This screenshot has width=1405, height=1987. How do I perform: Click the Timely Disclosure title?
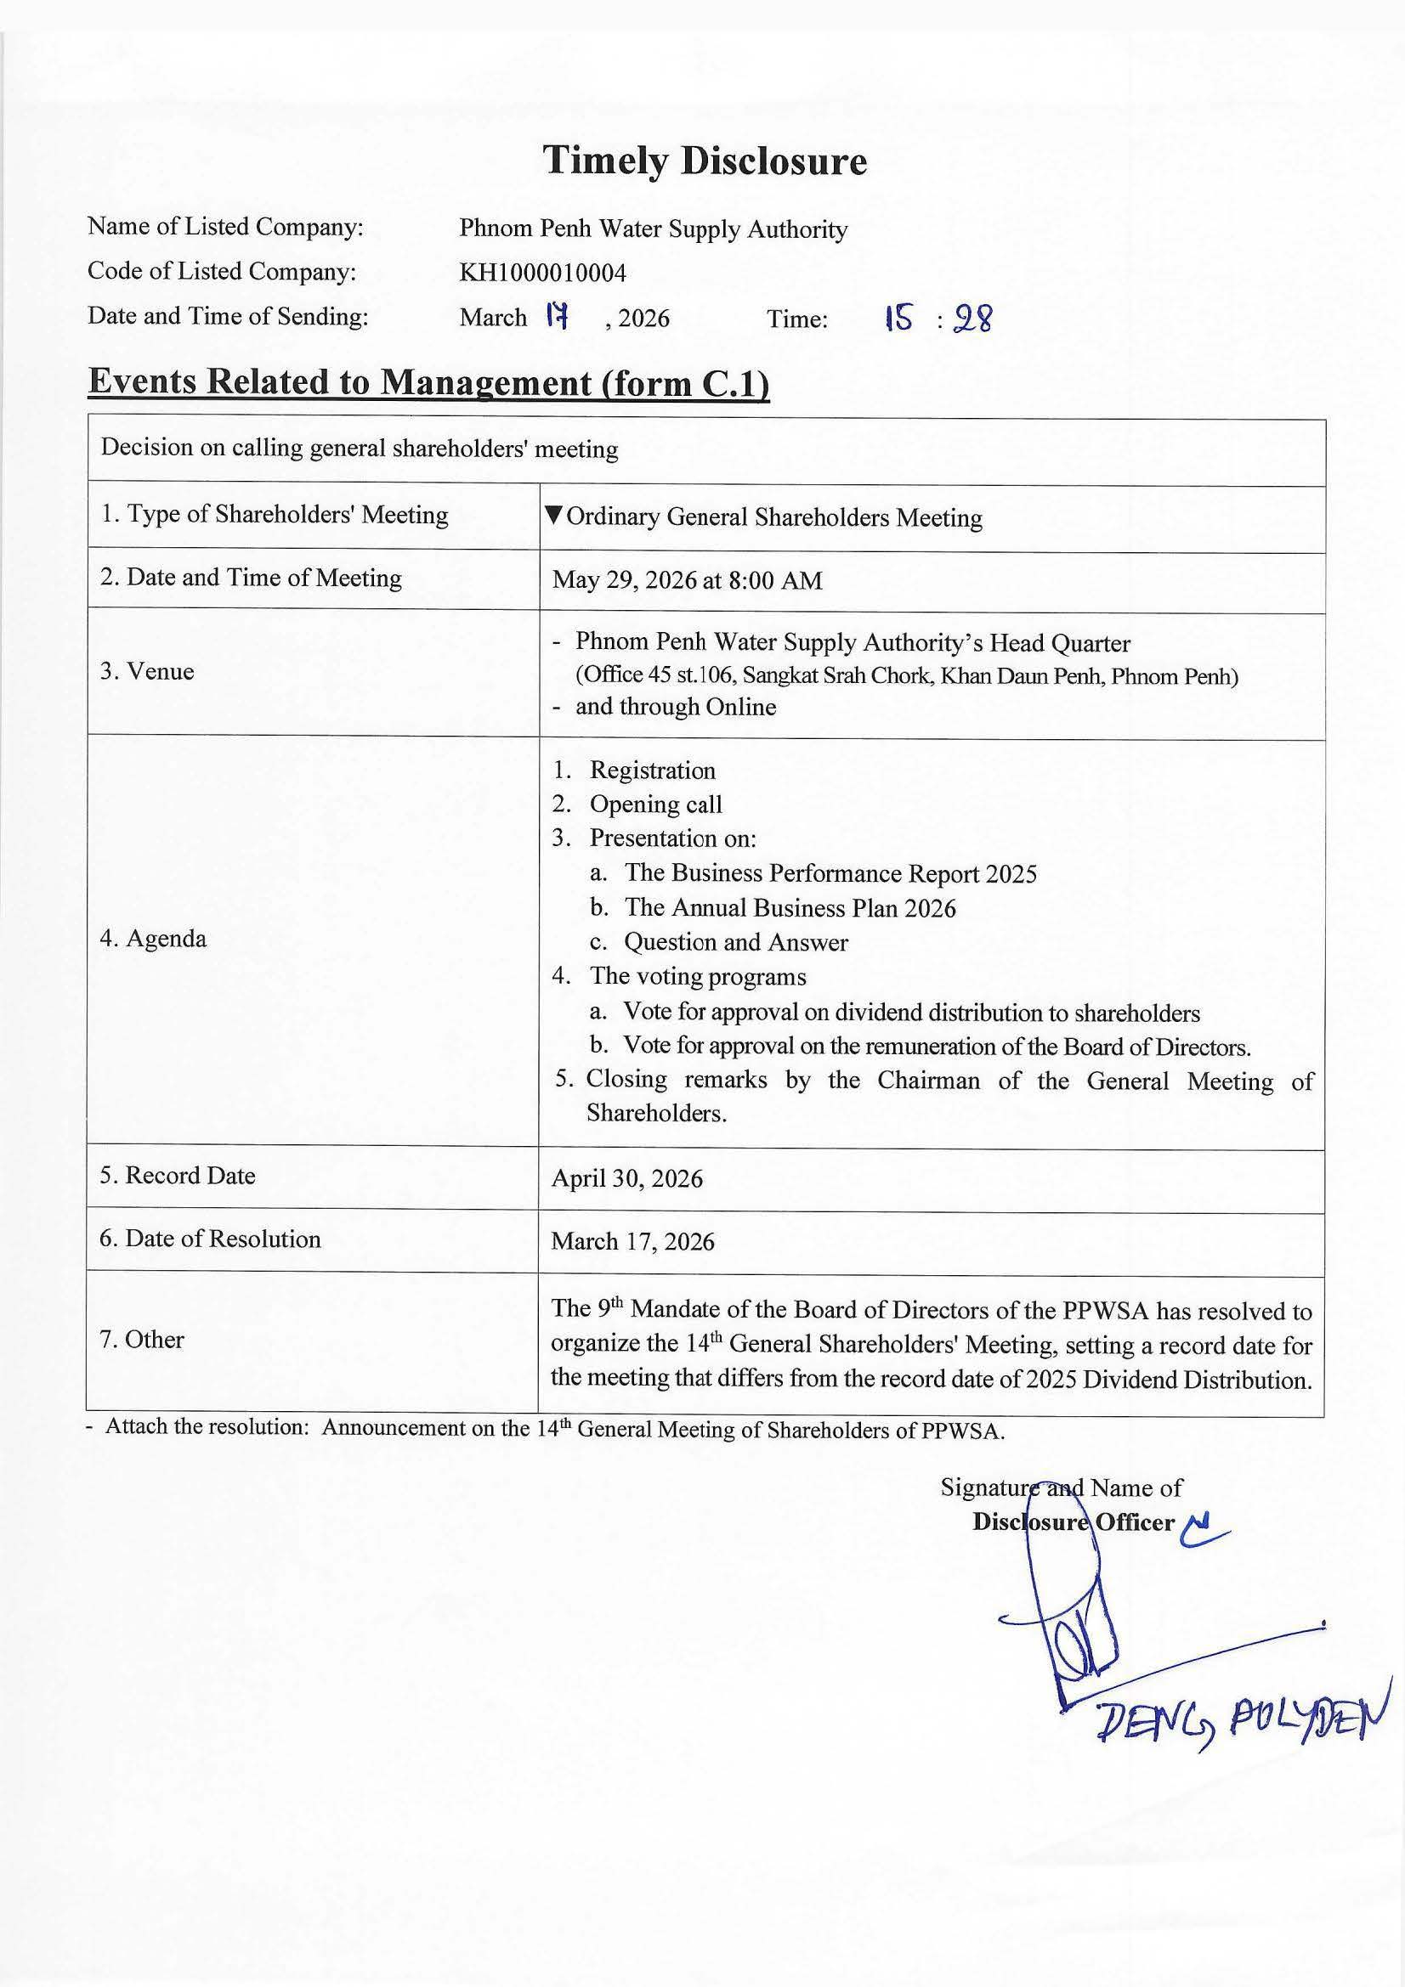(704, 161)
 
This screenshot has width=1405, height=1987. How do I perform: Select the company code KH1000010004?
(542, 274)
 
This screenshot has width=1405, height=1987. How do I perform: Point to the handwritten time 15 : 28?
(938, 320)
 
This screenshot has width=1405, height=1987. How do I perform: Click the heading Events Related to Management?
(428, 382)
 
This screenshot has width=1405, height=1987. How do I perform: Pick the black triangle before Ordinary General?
(554, 516)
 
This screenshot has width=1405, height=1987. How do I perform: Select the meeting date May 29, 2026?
(688, 580)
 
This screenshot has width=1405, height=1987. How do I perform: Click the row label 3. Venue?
(146, 672)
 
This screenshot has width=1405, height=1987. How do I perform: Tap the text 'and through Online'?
(675, 707)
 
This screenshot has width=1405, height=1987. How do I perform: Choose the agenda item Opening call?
(655, 804)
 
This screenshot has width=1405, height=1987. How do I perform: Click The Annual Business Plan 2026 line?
(790, 908)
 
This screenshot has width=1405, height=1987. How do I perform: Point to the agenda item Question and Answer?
(736, 942)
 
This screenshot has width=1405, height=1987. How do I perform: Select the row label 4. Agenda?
(153, 939)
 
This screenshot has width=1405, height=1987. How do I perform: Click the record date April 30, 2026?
(626, 1179)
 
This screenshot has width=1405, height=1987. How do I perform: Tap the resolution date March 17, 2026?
(633, 1242)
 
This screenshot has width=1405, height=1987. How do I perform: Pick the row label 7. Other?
(142, 1340)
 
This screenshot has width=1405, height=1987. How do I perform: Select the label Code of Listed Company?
(222, 272)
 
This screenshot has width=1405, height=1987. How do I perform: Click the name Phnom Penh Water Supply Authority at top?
(653, 229)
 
